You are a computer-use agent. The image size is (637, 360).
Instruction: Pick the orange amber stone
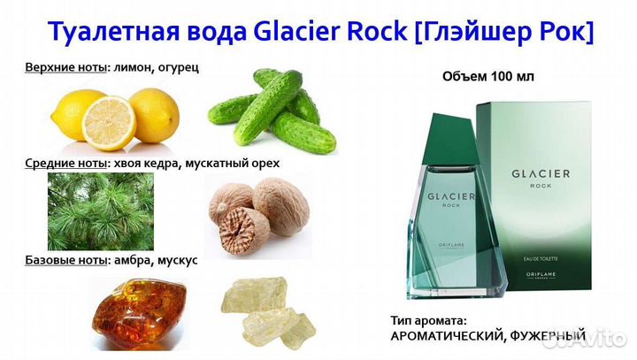coord(129,315)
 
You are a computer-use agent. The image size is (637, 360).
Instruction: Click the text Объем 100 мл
coord(488,78)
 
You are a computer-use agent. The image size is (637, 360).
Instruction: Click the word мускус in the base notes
coord(177,261)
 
